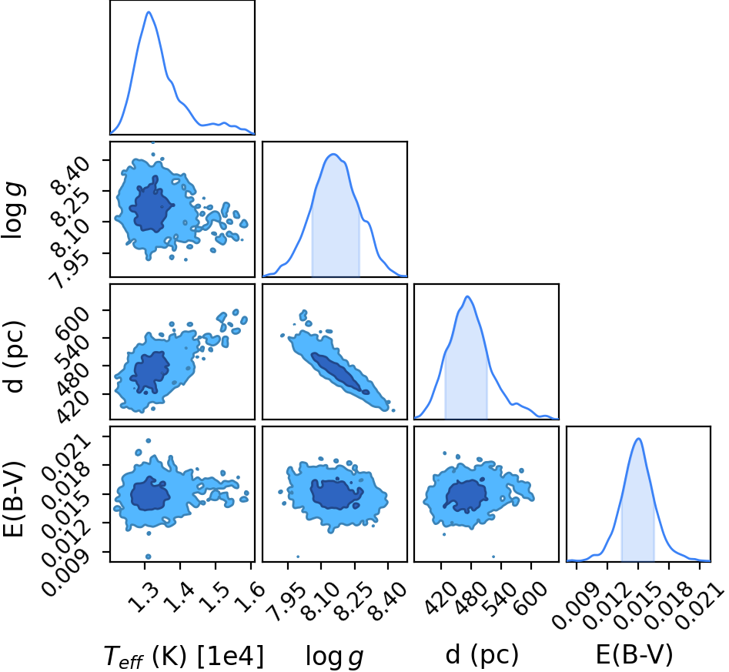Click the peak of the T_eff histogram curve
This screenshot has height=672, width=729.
149,12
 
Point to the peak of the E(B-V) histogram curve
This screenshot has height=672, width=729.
638,439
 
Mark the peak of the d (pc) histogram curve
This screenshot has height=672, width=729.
468,296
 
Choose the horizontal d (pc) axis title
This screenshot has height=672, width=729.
482,655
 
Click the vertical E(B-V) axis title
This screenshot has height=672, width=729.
13,500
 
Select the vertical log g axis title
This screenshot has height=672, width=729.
14,212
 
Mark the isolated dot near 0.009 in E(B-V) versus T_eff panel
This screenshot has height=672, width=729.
149,557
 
